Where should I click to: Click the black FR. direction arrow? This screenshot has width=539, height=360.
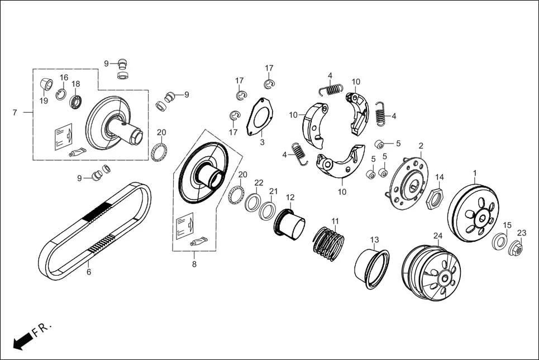[21, 341]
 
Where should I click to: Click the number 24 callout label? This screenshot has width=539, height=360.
[438, 236]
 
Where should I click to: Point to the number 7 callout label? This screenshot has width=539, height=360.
[15, 113]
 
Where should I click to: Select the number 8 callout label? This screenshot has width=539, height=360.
[194, 265]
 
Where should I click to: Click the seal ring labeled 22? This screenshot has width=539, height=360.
[253, 202]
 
